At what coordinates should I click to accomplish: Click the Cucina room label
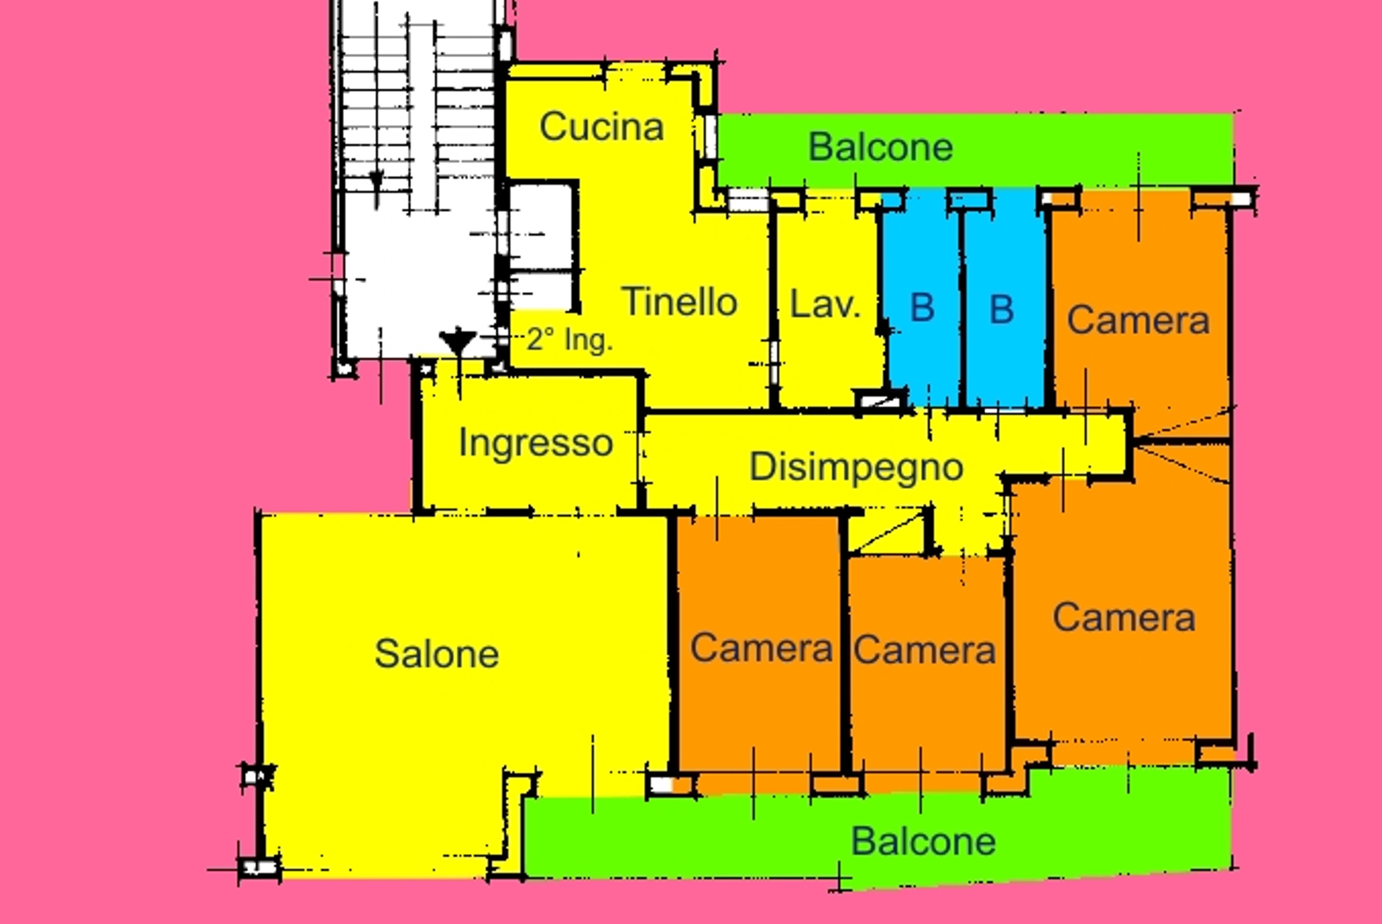[x=601, y=127]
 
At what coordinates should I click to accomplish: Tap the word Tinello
[x=679, y=302]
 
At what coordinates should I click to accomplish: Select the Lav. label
[x=825, y=304]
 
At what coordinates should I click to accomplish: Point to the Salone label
[x=436, y=654]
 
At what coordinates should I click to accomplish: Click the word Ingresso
[x=535, y=443]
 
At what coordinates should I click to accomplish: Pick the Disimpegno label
[x=856, y=467]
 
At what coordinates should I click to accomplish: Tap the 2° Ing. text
[x=569, y=340]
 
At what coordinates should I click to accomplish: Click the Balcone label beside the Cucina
[x=880, y=147]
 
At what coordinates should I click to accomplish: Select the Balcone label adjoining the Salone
[x=923, y=841]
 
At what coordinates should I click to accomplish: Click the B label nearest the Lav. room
[x=922, y=308]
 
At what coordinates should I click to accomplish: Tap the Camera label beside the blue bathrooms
[x=1138, y=321]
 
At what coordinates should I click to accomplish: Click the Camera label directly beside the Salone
[x=761, y=648]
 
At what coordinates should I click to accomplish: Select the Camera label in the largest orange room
[x=1124, y=618]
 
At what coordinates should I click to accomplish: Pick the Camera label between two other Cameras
[x=924, y=650]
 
